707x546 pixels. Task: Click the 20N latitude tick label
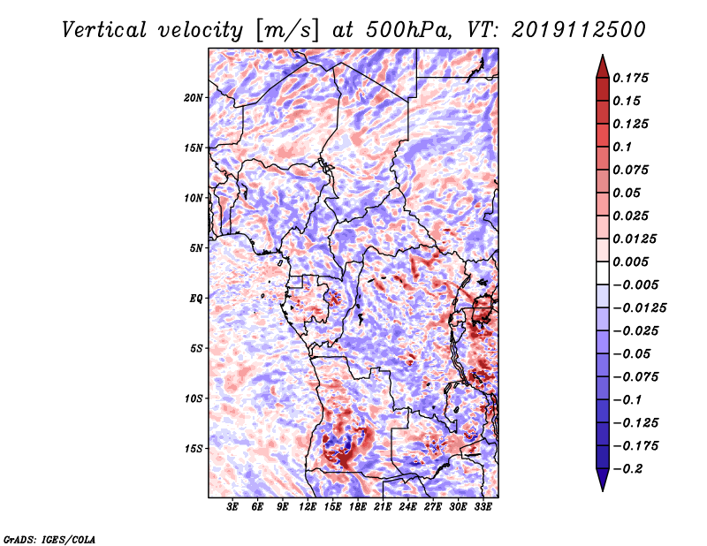coord(193,98)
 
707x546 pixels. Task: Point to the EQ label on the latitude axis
coord(195,299)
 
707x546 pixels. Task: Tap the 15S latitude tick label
coord(194,449)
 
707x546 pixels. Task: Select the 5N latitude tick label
coord(196,248)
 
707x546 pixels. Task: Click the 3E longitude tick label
coord(232,507)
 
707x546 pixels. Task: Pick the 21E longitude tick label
coord(383,507)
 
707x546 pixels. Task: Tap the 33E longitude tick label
coord(483,507)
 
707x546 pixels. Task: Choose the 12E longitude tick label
coord(307,507)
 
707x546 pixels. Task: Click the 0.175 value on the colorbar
coord(630,78)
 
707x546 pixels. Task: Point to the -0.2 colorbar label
coord(627,469)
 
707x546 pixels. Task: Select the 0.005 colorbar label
coord(630,262)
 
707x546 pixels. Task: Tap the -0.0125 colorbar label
coord(639,308)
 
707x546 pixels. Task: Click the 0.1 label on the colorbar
coord(622,147)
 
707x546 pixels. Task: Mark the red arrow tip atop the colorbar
coord(603,55)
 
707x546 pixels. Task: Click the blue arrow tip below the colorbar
coord(603,490)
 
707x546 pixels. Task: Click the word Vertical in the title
coord(104,30)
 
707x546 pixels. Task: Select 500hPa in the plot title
coord(408,30)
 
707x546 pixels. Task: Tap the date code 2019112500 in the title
coord(579,30)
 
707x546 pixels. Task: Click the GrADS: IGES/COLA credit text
coord(49,539)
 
